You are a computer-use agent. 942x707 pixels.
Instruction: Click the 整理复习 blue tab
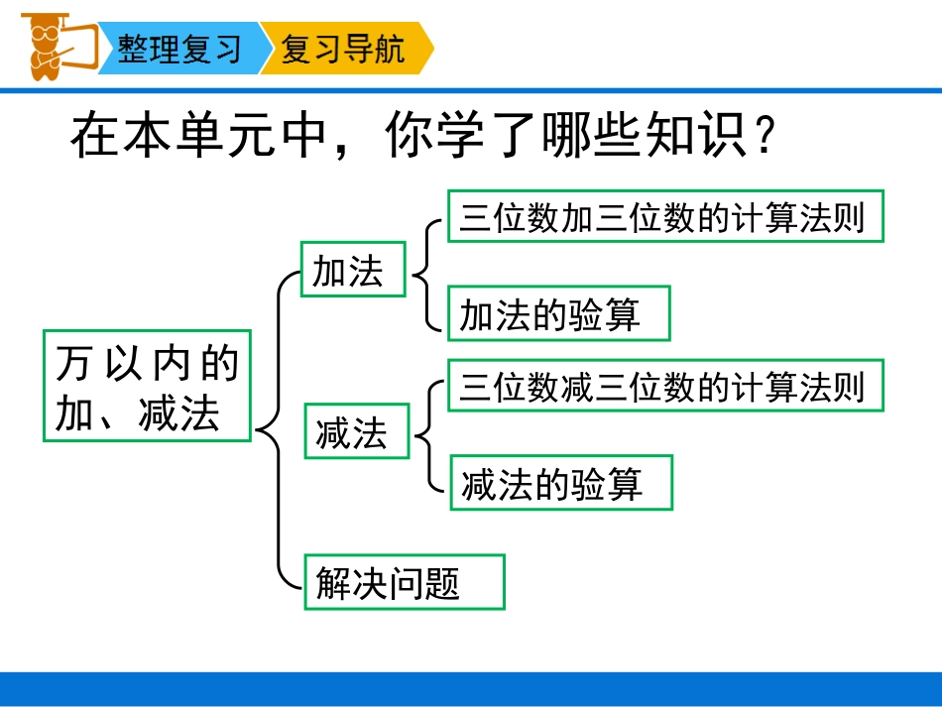[x=179, y=49]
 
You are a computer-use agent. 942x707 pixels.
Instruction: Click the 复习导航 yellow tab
[x=343, y=49]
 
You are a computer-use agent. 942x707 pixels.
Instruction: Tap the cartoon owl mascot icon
[x=45, y=45]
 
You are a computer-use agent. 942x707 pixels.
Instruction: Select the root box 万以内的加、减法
[x=148, y=387]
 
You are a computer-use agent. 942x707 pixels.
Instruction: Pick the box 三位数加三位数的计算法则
[x=664, y=216]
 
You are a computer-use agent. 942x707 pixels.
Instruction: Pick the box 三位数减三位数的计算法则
[x=664, y=386]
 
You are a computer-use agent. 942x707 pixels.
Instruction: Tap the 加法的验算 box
[x=558, y=313]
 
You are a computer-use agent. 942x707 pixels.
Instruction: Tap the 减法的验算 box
[x=561, y=483]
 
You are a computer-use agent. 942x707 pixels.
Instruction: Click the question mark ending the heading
[x=763, y=140]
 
